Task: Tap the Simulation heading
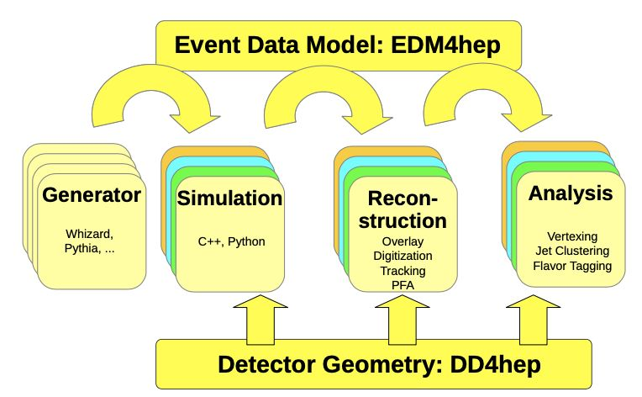(229, 199)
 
